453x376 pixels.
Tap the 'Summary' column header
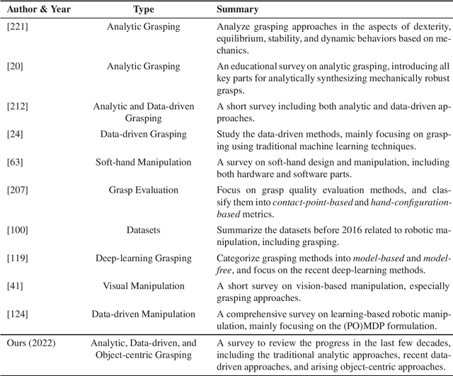point(238,11)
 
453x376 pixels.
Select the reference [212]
point(17,106)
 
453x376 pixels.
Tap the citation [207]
point(17,190)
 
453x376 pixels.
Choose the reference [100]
point(17,230)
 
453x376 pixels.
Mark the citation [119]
point(17,258)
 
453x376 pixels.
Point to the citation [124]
point(17,314)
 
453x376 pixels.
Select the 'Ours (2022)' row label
point(29,343)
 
